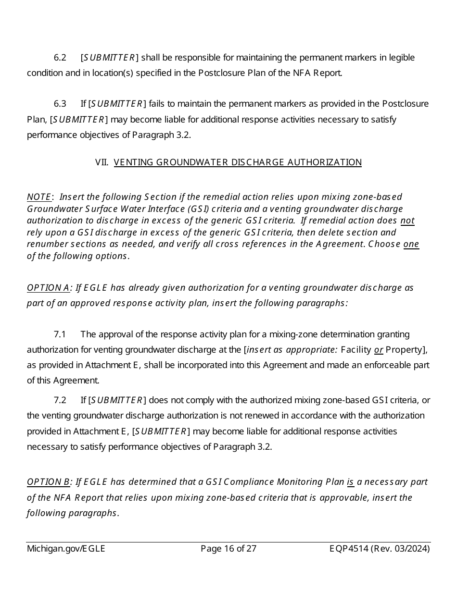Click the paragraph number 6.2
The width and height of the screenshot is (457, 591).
60,58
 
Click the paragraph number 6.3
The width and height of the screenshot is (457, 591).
60,104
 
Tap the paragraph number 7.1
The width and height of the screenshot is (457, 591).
60,334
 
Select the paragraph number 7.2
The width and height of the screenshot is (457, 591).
60,400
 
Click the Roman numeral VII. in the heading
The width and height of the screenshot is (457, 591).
102,162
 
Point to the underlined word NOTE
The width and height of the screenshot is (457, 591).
39,197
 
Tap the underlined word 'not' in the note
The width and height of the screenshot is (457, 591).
407,221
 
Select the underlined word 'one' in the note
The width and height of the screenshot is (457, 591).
411,244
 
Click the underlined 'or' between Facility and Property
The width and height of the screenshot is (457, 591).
379,350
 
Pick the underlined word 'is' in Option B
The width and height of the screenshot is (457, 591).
351,482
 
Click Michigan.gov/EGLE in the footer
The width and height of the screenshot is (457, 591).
66,549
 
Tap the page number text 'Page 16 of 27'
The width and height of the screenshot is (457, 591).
228,549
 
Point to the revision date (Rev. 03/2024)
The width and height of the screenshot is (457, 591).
400,549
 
